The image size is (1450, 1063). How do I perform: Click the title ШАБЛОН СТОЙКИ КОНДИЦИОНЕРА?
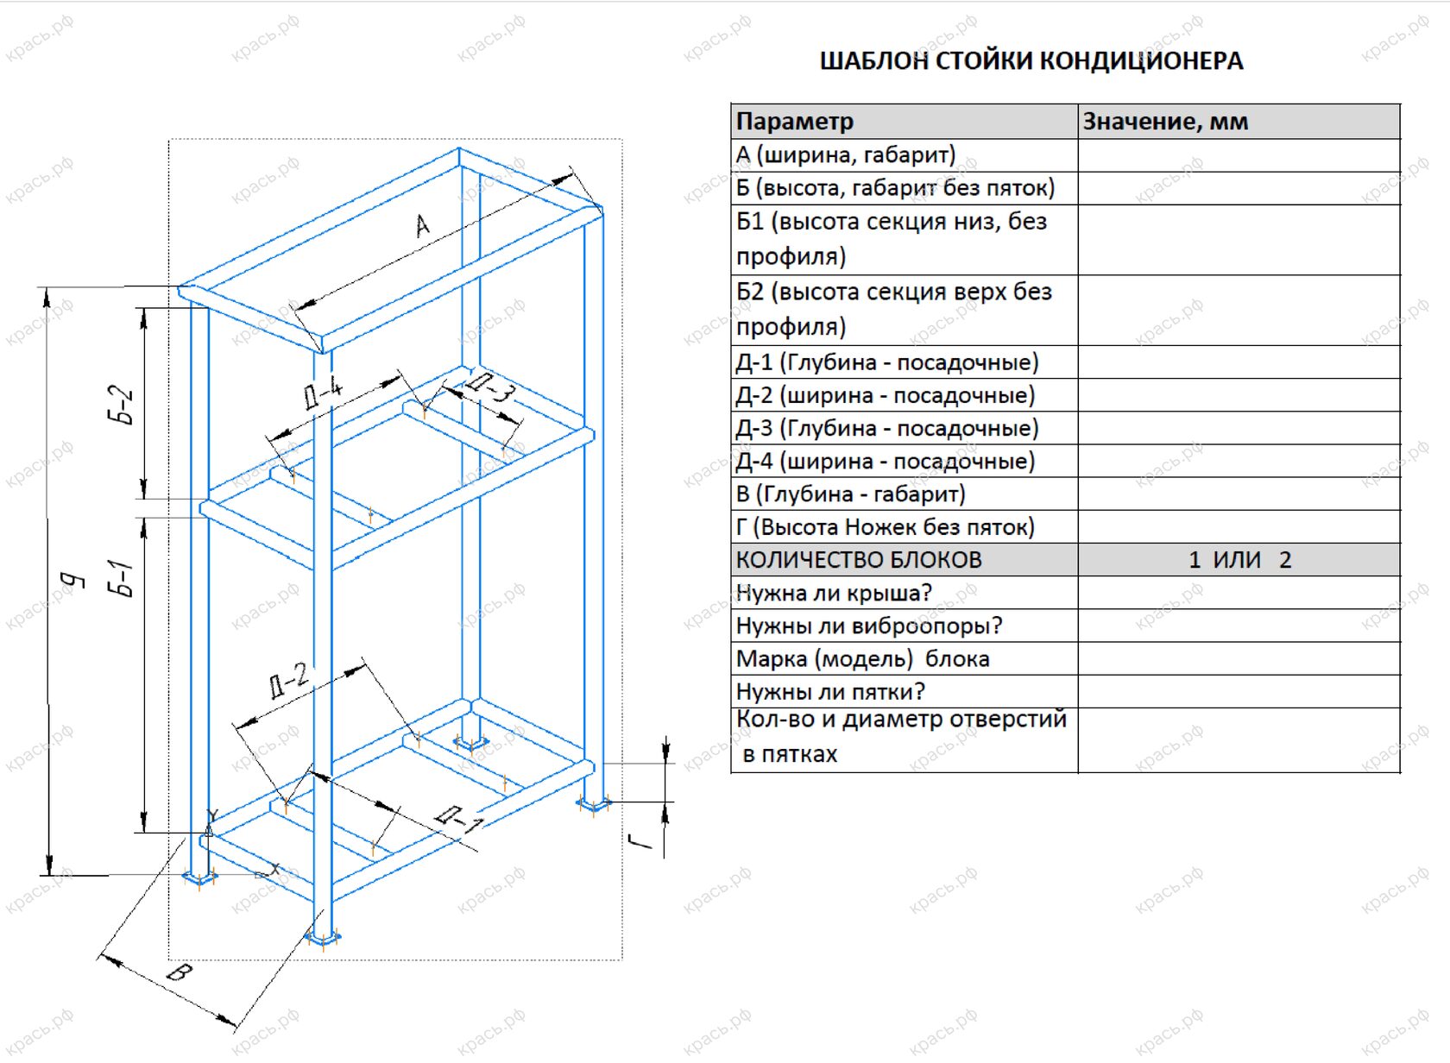click(x=1031, y=60)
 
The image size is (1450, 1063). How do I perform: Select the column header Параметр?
click(x=794, y=122)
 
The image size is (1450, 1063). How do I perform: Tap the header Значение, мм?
click(x=1165, y=122)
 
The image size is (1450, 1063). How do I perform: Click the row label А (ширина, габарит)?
click(x=846, y=155)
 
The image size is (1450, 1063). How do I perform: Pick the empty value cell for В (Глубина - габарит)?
click(x=1239, y=494)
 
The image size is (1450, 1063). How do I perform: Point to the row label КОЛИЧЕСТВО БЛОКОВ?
click(x=859, y=560)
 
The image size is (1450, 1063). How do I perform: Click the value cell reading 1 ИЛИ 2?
click(x=1239, y=560)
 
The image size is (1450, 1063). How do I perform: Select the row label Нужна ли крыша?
click(x=834, y=593)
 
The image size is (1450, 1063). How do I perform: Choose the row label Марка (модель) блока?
click(x=862, y=659)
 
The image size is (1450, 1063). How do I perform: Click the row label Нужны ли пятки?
click(x=830, y=692)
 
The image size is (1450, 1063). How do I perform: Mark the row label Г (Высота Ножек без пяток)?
click(x=885, y=527)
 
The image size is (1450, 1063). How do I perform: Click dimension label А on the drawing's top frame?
click(x=422, y=226)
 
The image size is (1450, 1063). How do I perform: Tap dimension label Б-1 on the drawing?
click(x=122, y=578)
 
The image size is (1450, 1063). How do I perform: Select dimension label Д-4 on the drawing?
click(x=324, y=393)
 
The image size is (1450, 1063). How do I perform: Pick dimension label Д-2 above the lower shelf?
click(x=288, y=679)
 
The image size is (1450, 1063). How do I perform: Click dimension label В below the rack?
click(x=179, y=973)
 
